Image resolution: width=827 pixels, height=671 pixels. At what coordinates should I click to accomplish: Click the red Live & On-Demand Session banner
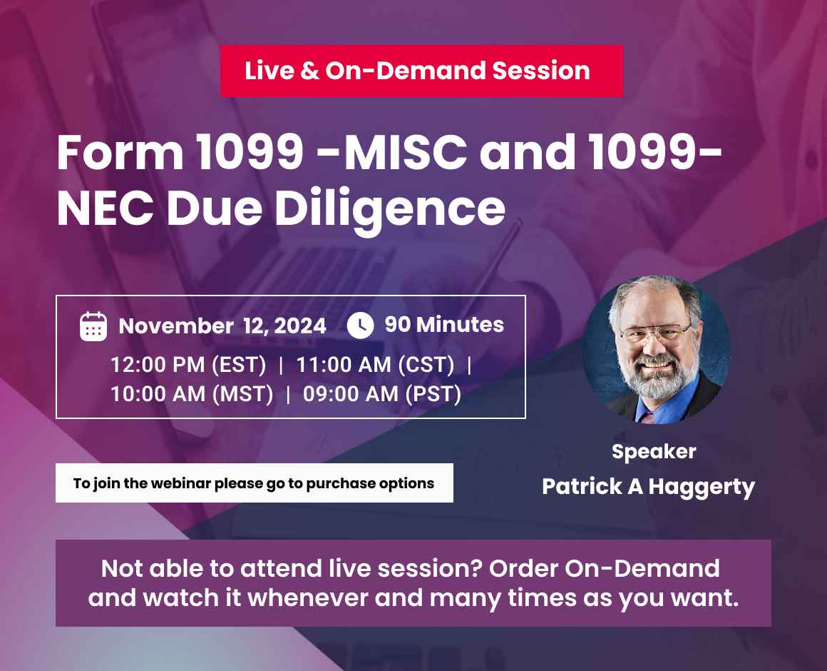coord(421,71)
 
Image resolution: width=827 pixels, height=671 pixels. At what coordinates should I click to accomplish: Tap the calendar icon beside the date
coord(93,326)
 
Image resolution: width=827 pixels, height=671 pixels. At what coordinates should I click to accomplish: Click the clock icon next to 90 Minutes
coord(360,326)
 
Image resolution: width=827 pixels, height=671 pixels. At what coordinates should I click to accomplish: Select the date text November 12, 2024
coord(222,326)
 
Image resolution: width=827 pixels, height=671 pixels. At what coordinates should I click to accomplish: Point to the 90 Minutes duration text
coord(444,325)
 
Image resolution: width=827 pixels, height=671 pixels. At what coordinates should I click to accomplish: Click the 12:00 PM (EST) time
coord(188,365)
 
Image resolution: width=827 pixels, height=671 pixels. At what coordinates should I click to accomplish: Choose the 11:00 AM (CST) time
coord(375,365)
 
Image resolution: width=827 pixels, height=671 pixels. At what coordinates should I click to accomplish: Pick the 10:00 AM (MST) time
coord(192,393)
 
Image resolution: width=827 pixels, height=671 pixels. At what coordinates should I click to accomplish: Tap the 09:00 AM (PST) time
coord(381,393)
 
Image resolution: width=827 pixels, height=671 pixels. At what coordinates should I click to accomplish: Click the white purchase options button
coord(254,483)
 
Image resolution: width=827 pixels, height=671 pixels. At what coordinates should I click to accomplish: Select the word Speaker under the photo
coord(654,451)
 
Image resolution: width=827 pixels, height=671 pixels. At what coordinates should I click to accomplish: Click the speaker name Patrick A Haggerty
coord(648,487)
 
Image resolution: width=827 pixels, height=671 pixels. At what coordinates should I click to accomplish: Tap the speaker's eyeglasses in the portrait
coord(655,334)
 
